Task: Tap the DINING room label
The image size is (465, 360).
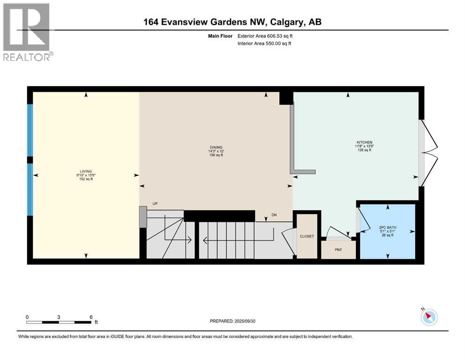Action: pyautogui.click(x=216, y=147)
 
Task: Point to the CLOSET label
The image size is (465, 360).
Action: pyautogui.click(x=307, y=236)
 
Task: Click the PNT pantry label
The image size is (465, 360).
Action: pyautogui.click(x=338, y=249)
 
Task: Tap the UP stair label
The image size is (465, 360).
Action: pyautogui.click(x=155, y=204)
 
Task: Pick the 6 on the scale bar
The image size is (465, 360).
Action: pyautogui.click(x=90, y=316)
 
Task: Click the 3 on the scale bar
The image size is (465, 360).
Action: pyautogui.click(x=59, y=316)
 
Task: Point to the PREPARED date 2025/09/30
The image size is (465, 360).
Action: pyautogui.click(x=233, y=321)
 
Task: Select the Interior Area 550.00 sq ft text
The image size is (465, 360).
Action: pyautogui.click(x=265, y=44)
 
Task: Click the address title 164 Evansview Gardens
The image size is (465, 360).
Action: pyautogui.click(x=232, y=22)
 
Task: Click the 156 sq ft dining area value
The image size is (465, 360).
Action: pyautogui.click(x=216, y=155)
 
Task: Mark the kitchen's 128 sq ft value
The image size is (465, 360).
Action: pyautogui.click(x=363, y=150)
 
